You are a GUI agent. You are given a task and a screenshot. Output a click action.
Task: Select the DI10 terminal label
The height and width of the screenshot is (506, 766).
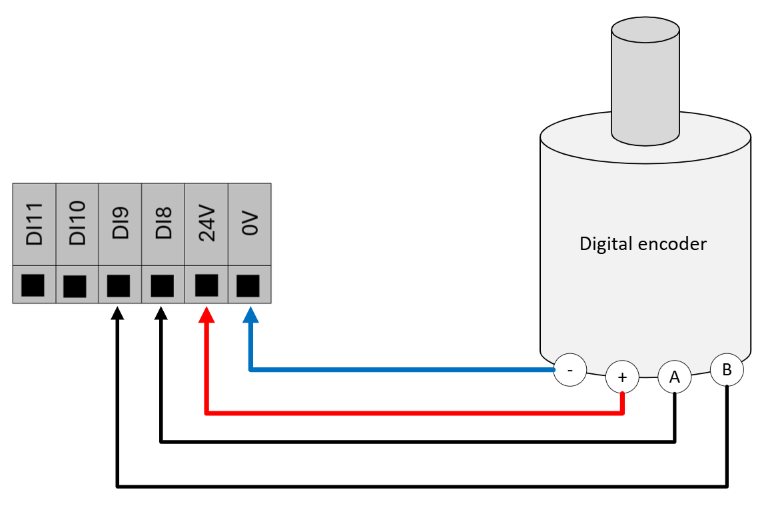click(x=77, y=225)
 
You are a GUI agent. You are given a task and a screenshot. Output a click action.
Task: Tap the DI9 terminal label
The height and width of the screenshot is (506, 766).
click(x=121, y=225)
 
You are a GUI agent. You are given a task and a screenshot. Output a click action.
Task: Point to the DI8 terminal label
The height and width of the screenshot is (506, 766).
click(x=163, y=225)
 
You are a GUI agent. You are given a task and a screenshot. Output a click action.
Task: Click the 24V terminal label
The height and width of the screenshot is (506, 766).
click(x=206, y=225)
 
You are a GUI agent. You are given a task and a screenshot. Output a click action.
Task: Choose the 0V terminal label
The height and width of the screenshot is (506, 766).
click(x=250, y=225)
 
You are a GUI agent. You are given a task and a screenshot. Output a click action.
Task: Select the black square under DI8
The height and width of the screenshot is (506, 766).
click(x=162, y=286)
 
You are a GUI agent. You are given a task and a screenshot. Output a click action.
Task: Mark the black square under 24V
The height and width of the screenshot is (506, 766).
click(x=206, y=285)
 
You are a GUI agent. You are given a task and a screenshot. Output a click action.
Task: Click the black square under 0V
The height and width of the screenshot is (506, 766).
click(x=248, y=285)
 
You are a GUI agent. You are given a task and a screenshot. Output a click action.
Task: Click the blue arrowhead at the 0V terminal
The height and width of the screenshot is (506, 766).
click(x=250, y=315)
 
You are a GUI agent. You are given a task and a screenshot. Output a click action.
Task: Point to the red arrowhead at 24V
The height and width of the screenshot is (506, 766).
click(x=206, y=315)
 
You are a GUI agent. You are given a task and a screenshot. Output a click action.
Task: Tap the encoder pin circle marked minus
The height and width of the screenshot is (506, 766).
click(x=570, y=369)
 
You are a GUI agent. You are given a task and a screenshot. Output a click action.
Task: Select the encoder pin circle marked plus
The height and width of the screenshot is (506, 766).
click(x=622, y=377)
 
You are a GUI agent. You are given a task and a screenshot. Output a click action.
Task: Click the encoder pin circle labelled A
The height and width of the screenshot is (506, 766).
click(x=675, y=377)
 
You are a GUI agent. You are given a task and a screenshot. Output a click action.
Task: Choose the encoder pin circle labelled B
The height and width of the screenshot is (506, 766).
click(x=727, y=369)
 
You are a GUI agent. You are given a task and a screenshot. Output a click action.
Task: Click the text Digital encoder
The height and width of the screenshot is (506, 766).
click(x=643, y=244)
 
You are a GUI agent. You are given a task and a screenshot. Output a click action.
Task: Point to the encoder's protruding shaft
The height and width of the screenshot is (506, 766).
click(x=645, y=80)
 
